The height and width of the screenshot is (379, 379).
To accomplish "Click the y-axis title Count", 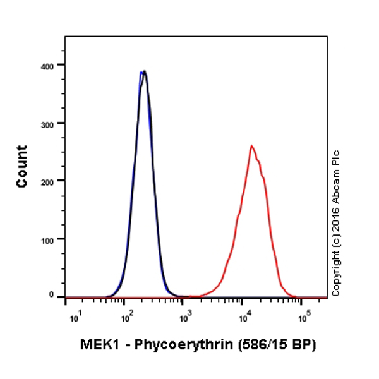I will [23, 166].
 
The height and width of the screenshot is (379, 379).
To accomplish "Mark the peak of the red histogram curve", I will [251, 146].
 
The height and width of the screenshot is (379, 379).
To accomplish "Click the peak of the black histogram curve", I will [145, 71].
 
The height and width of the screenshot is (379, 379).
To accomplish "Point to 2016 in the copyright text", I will [336, 217].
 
